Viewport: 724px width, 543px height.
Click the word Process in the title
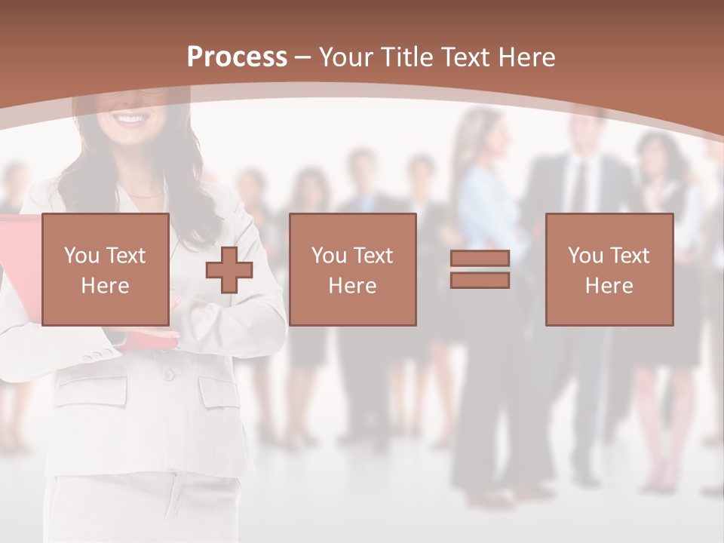click(237, 57)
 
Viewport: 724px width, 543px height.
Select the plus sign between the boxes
click(229, 270)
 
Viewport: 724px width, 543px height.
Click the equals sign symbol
click(480, 270)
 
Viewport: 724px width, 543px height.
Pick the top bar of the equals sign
click(480, 259)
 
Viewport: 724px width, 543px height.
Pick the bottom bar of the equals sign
click(480, 281)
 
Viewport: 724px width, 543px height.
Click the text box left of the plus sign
click(105, 270)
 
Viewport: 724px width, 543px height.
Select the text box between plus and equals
click(352, 270)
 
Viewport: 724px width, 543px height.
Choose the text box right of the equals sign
click(609, 270)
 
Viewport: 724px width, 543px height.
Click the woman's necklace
click(143, 195)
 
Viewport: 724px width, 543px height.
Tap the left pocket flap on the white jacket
click(91, 389)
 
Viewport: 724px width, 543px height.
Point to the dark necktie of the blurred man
click(578, 189)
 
